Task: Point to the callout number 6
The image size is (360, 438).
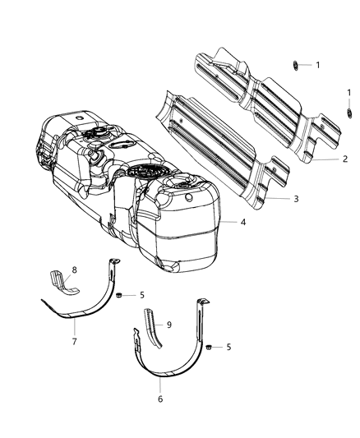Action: pyautogui.click(x=160, y=399)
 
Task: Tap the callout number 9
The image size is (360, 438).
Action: pyautogui.click(x=170, y=325)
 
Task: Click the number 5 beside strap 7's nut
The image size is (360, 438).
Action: pyautogui.click(x=142, y=294)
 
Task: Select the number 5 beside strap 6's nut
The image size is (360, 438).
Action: pyautogui.click(x=228, y=347)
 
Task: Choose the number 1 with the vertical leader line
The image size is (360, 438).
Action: pyautogui.click(x=348, y=93)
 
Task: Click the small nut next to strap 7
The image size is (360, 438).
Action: pyautogui.click(x=120, y=293)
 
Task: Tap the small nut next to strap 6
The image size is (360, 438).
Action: pyautogui.click(x=207, y=347)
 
